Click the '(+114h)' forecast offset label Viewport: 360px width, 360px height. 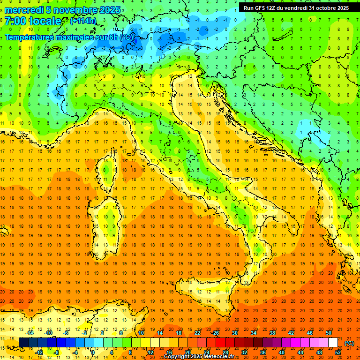click(83, 21)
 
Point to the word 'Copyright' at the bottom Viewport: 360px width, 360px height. click(177, 357)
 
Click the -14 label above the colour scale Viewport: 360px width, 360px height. click(30, 333)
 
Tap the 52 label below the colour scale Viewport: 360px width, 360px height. click(338, 352)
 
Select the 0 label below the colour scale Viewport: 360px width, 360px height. click(92, 352)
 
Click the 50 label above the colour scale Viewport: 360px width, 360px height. click(328, 333)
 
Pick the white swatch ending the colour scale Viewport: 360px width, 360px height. click(333, 343)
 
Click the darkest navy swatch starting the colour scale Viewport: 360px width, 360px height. click(23, 343)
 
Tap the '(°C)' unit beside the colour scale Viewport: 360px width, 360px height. click(349, 343)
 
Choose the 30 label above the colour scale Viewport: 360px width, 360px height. click(234, 333)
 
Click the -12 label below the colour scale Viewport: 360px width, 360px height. click(39, 352)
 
